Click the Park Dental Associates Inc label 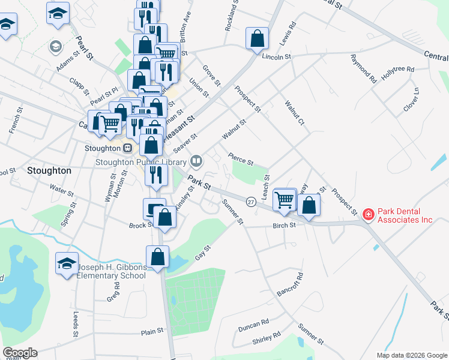coord(405,215)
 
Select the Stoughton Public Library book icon coord(196,160)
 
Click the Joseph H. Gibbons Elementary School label coord(111,271)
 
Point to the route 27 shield coord(251,203)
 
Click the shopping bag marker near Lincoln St coord(257,38)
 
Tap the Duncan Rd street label coord(253,325)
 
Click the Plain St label coord(152,331)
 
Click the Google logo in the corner coord(20,353)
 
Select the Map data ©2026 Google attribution coord(412,355)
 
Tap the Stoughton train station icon coord(127,148)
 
